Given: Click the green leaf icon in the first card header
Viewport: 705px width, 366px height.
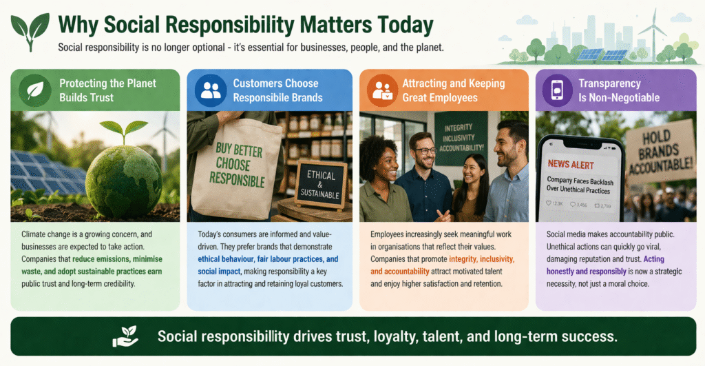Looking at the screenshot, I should point(34,90).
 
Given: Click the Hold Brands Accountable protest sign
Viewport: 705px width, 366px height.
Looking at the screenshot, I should point(660,152).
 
